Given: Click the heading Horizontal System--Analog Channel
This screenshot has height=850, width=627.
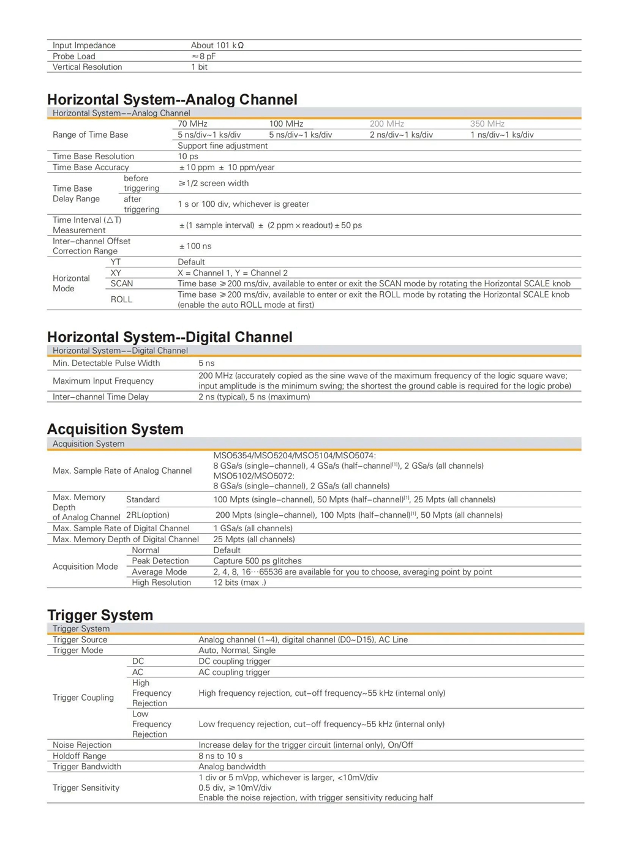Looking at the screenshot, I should [172, 100].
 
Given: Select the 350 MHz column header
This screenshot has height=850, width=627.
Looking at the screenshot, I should [487, 124].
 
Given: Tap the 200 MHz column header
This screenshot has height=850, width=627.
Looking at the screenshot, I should [386, 124].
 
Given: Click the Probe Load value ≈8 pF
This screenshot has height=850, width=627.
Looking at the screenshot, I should [203, 56].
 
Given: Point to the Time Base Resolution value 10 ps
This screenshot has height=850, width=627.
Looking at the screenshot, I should [188, 157].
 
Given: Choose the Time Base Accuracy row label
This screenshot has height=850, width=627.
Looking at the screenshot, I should [91, 168].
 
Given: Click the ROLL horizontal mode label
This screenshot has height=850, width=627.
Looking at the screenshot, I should [121, 299].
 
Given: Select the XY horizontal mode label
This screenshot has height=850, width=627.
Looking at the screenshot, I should [116, 273].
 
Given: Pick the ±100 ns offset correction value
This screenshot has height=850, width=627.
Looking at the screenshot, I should [195, 246].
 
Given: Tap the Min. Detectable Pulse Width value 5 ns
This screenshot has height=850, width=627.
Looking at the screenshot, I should [206, 363].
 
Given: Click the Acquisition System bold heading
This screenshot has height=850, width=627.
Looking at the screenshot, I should [115, 429].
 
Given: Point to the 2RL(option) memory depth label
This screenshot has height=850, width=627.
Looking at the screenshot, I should [148, 515].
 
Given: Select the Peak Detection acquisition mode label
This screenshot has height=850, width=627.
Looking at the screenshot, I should [160, 561].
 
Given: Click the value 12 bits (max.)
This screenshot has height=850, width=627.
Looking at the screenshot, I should [239, 583].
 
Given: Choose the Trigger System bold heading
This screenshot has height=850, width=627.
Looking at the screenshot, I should [100, 615].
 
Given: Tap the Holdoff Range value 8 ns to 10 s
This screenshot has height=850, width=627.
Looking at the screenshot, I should [220, 756].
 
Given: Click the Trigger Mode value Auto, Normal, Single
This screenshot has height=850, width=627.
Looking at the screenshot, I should [237, 651].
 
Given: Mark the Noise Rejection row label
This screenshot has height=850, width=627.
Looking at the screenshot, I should [82, 745].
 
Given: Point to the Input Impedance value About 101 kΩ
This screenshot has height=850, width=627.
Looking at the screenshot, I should [217, 45].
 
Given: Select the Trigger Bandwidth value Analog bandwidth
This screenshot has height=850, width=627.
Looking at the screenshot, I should [232, 767].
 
